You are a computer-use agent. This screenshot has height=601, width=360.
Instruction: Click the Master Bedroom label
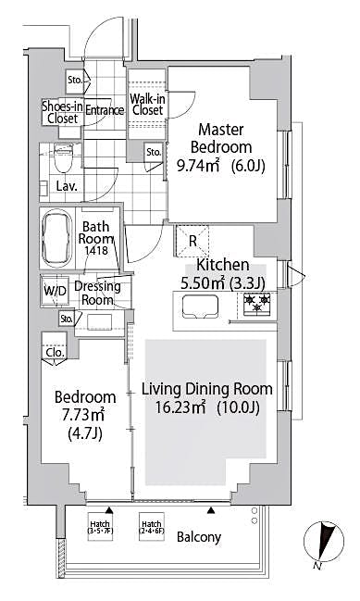(x=220, y=139)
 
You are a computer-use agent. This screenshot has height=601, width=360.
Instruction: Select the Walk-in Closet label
(x=146, y=104)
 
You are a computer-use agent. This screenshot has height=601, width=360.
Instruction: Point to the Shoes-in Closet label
(x=62, y=111)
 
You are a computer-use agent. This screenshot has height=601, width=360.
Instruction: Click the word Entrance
(x=106, y=111)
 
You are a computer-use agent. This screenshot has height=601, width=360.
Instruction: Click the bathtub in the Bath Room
(x=58, y=237)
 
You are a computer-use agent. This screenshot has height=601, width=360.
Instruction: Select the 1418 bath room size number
(x=97, y=251)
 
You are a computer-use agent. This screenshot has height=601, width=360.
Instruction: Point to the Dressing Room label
(x=98, y=293)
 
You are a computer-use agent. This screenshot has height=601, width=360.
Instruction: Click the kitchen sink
(x=199, y=305)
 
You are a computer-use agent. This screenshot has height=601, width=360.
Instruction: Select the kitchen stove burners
(x=256, y=302)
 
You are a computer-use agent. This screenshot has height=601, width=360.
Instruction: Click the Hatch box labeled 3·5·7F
(x=99, y=526)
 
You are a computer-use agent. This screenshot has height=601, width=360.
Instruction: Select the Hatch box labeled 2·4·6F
(x=152, y=526)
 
